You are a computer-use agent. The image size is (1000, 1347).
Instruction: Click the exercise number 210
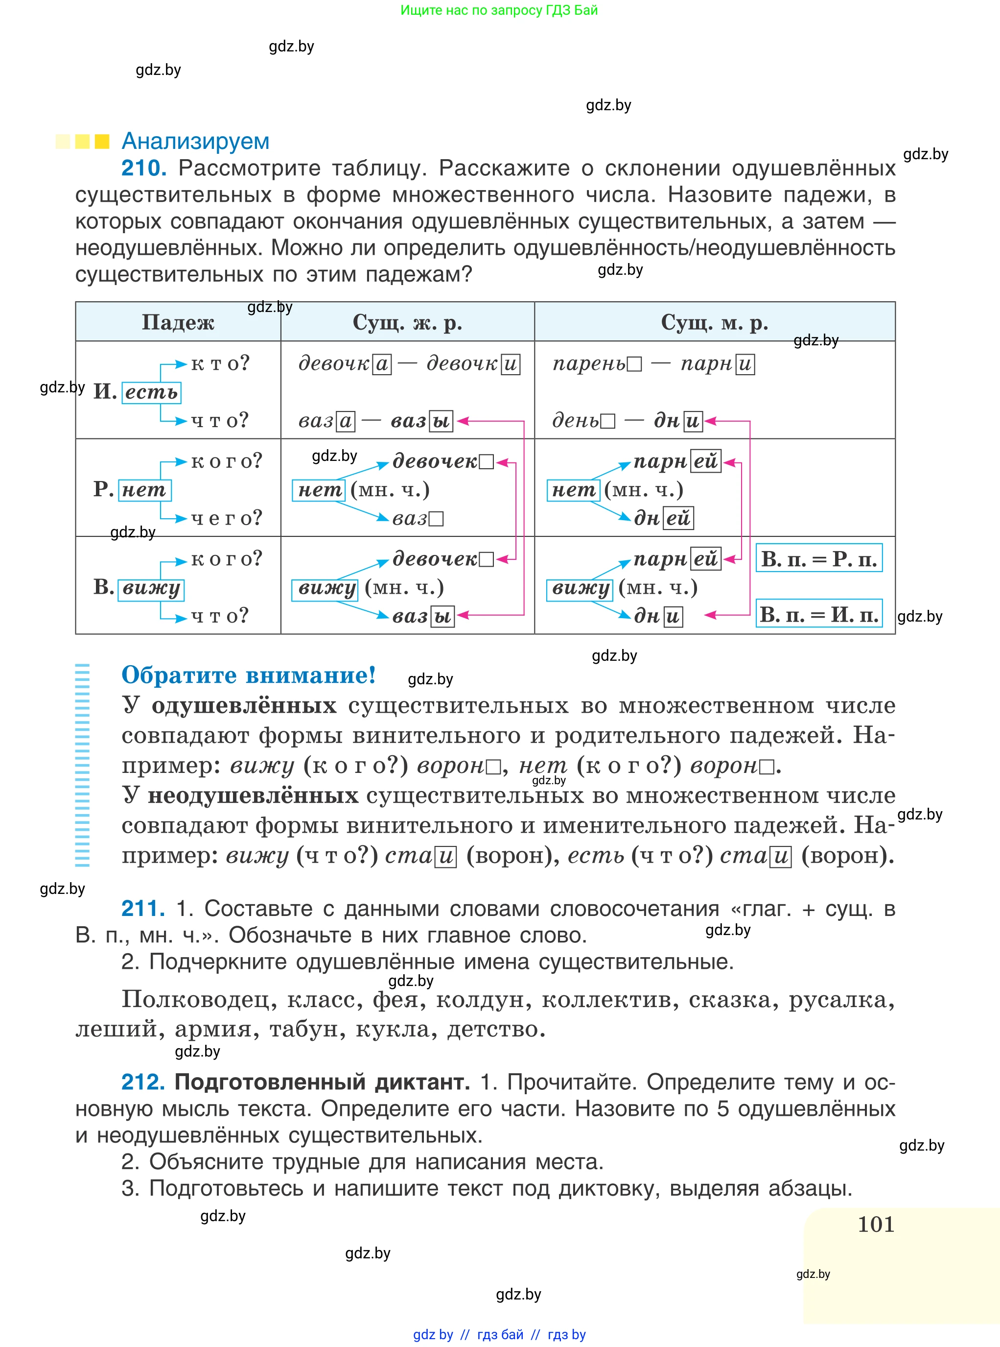point(143,168)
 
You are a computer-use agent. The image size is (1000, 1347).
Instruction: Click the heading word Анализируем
point(195,141)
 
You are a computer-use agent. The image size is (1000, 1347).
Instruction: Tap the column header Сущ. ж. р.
point(407,322)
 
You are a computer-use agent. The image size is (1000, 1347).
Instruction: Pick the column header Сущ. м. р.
point(714,322)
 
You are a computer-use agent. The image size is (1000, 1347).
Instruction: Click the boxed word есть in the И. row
point(151,392)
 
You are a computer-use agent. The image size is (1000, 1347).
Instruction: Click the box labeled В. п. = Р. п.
point(818,558)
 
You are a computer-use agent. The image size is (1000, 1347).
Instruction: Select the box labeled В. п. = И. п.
point(818,615)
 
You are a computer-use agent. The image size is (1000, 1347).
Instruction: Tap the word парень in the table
point(589,363)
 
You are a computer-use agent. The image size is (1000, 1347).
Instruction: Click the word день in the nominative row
point(576,420)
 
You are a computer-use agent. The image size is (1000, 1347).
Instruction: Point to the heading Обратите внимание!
point(248,674)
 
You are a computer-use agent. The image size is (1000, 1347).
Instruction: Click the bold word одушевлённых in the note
point(244,706)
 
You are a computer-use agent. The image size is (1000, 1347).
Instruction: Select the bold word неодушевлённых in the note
point(253,795)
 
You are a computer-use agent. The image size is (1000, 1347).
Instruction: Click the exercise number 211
point(143,909)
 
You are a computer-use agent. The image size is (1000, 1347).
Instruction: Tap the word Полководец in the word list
point(195,999)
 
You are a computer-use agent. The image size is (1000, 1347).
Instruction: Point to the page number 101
point(875,1224)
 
